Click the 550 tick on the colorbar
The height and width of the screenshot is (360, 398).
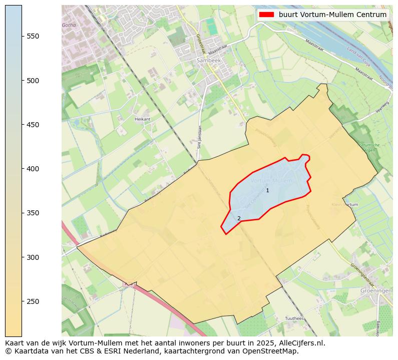point(33,36)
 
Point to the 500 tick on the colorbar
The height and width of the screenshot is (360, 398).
point(33,81)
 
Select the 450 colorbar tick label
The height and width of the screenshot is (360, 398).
point(33,125)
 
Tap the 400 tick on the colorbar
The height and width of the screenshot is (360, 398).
point(33,169)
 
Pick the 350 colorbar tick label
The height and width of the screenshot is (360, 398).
point(33,213)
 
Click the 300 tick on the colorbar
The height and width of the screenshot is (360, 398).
point(33,257)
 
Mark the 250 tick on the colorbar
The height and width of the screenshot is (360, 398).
point(33,301)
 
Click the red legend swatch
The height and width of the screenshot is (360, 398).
point(266,15)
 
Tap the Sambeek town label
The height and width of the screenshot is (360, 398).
point(208,60)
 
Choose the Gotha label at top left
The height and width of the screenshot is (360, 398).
point(69,25)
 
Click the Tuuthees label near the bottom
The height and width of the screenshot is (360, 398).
point(294,318)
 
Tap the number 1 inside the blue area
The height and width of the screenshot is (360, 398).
point(267,190)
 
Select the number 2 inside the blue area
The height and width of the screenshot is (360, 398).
point(239,218)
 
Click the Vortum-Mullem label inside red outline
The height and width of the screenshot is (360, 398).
point(271,180)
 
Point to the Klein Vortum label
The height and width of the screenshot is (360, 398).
point(344,205)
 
